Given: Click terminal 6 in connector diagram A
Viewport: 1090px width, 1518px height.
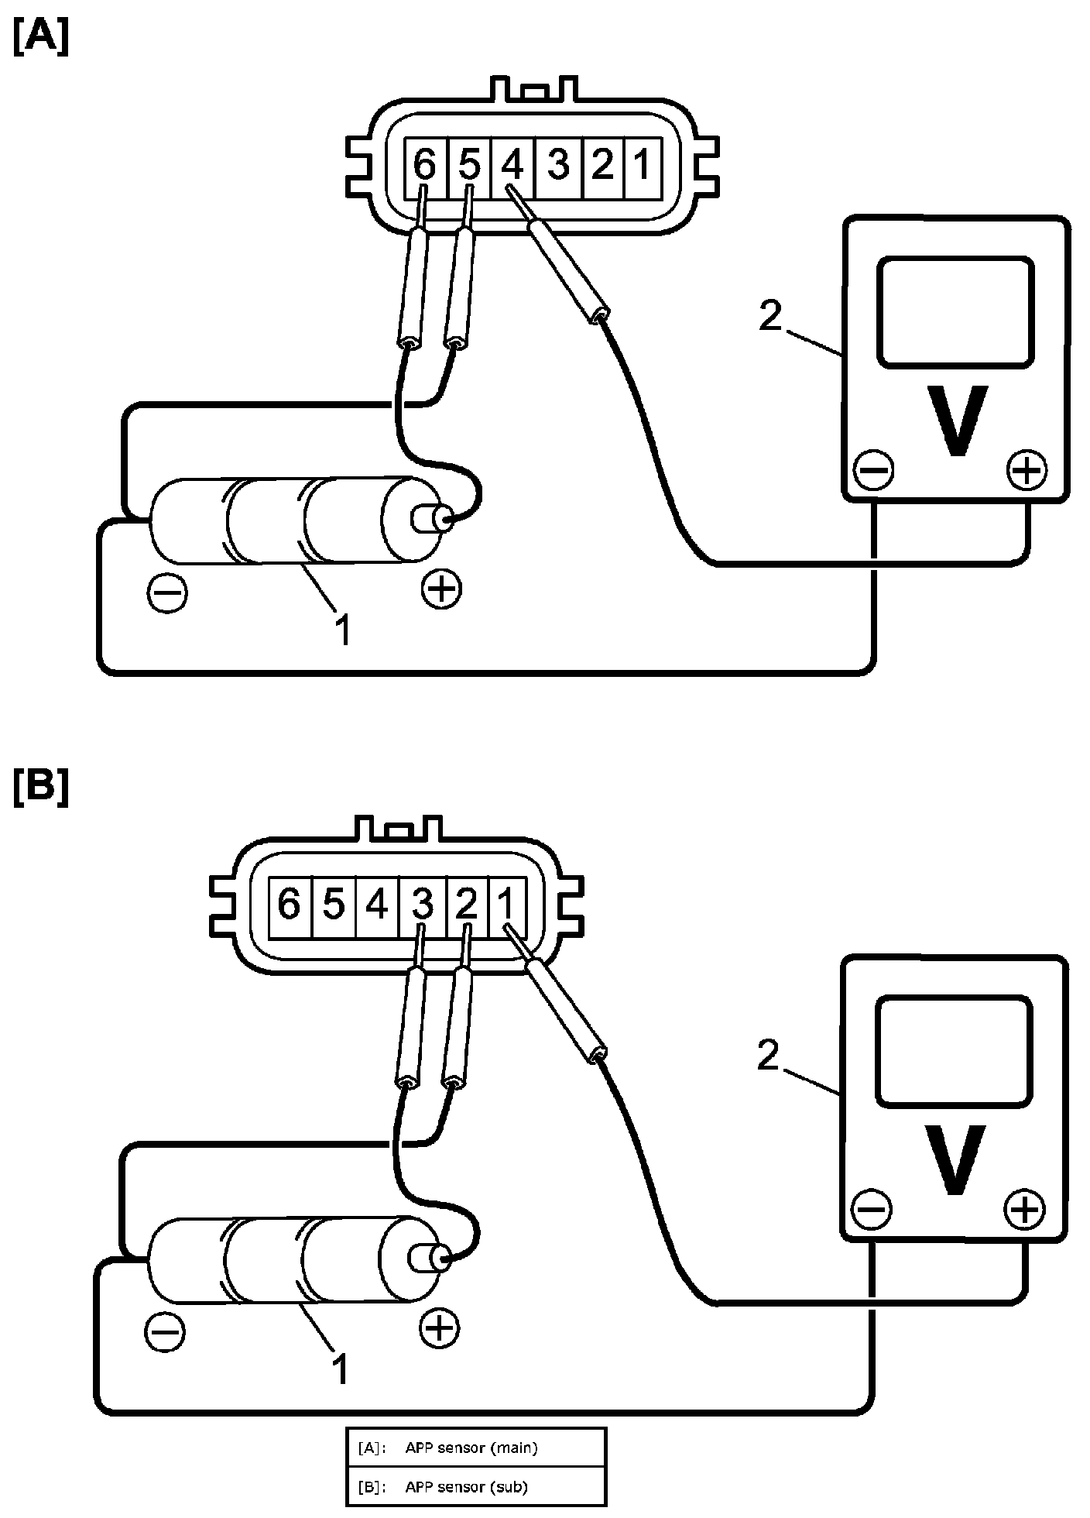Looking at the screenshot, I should point(425,164).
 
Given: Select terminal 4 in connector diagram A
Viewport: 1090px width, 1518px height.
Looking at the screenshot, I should point(513,164).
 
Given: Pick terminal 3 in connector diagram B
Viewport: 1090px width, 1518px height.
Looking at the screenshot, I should point(422,903).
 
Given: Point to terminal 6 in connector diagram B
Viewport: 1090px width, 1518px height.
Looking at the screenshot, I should point(290,903).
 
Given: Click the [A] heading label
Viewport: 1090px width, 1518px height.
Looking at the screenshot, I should point(40,36).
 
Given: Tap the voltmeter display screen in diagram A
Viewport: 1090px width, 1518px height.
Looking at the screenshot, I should point(955,312).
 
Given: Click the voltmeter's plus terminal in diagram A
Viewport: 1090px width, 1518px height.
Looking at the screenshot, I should point(1027,470).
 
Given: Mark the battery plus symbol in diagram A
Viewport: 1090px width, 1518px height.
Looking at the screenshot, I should point(441,590).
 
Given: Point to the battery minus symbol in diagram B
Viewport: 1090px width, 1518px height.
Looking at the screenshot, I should point(165,1331).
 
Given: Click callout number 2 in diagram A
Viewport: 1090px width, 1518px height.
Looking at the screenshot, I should point(770,316).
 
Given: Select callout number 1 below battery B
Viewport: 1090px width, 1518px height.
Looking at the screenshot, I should point(341,1369).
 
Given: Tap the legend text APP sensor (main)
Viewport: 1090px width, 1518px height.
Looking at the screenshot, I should point(471,1447).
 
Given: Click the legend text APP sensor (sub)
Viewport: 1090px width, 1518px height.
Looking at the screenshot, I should point(466,1487).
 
